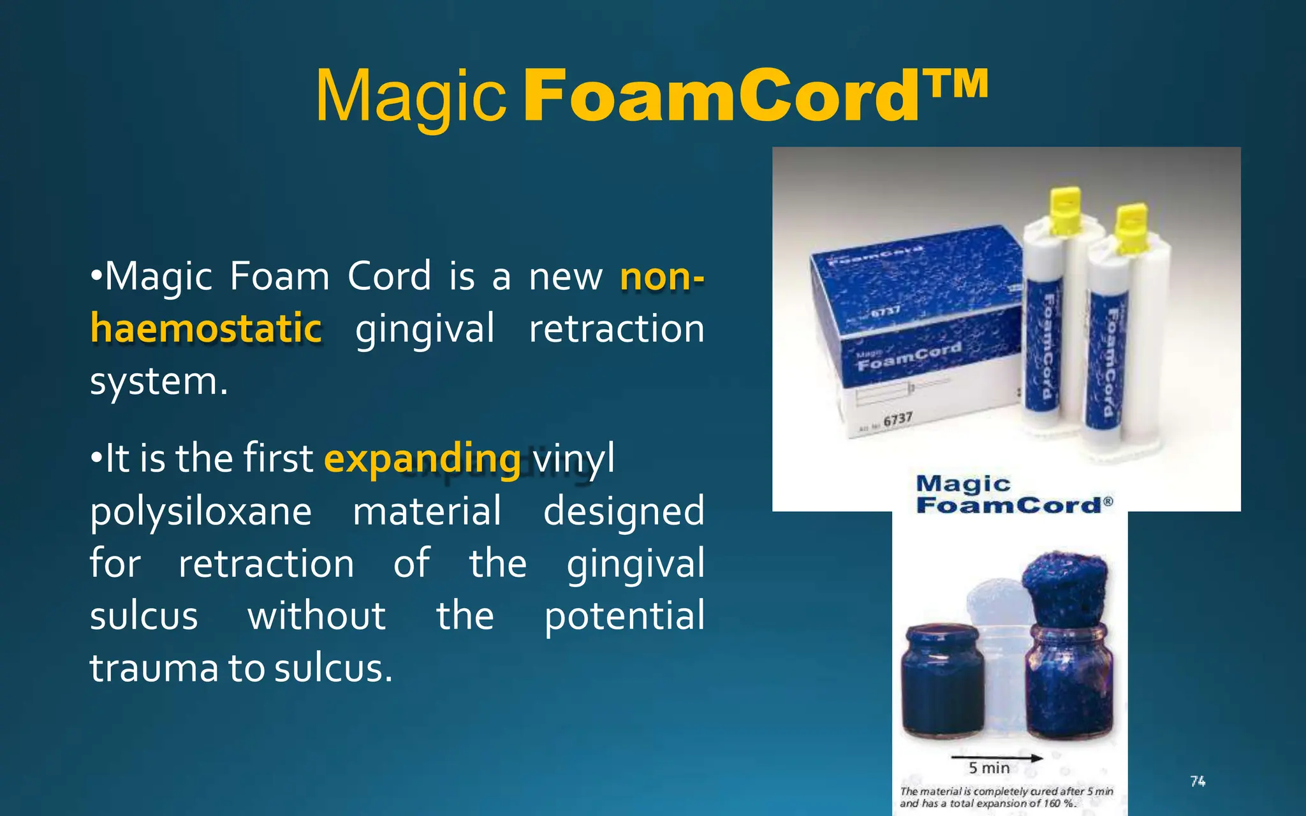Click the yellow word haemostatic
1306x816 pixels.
[206, 329]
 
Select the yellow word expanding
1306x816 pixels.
[422, 458]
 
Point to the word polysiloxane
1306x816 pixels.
[200, 511]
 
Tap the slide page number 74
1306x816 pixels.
[1198, 781]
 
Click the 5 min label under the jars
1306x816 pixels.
[989, 768]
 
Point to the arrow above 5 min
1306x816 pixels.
[996, 758]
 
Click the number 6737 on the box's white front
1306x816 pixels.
[897, 419]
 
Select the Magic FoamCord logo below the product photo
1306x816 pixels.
[1014, 495]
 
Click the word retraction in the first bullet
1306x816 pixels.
[616, 329]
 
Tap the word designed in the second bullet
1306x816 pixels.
[623, 511]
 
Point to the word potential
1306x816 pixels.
[624, 616]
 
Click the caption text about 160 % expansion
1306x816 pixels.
[1006, 797]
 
